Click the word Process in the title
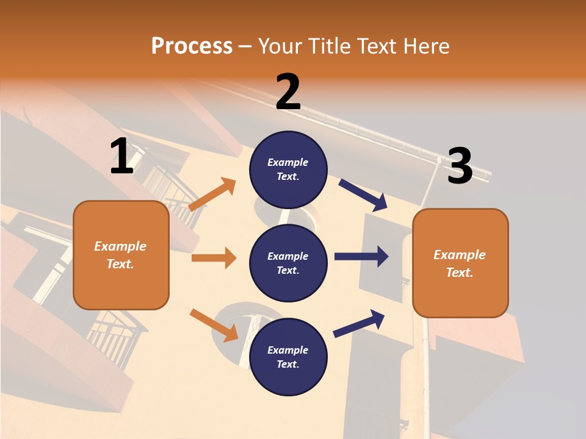pyautogui.click(x=192, y=46)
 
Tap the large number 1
pyautogui.click(x=121, y=156)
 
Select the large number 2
pyautogui.click(x=288, y=92)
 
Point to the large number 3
pyautogui.click(x=460, y=166)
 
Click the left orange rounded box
pyautogui.click(x=121, y=255)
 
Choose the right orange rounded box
pyautogui.click(x=460, y=263)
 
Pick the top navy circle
pyautogui.click(x=288, y=170)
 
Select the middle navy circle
pyautogui.click(x=288, y=263)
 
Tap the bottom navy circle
pyautogui.click(x=288, y=357)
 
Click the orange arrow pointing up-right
pyautogui.click(x=212, y=195)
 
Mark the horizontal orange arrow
pyautogui.click(x=214, y=258)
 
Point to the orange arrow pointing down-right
pyautogui.click(x=214, y=325)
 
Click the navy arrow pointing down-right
pyautogui.click(x=363, y=195)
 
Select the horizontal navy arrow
pyautogui.click(x=361, y=257)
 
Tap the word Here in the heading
pyautogui.click(x=427, y=46)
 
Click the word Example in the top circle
pyautogui.click(x=288, y=162)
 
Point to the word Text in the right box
pyautogui.click(x=459, y=273)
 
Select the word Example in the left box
pyautogui.click(x=120, y=246)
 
